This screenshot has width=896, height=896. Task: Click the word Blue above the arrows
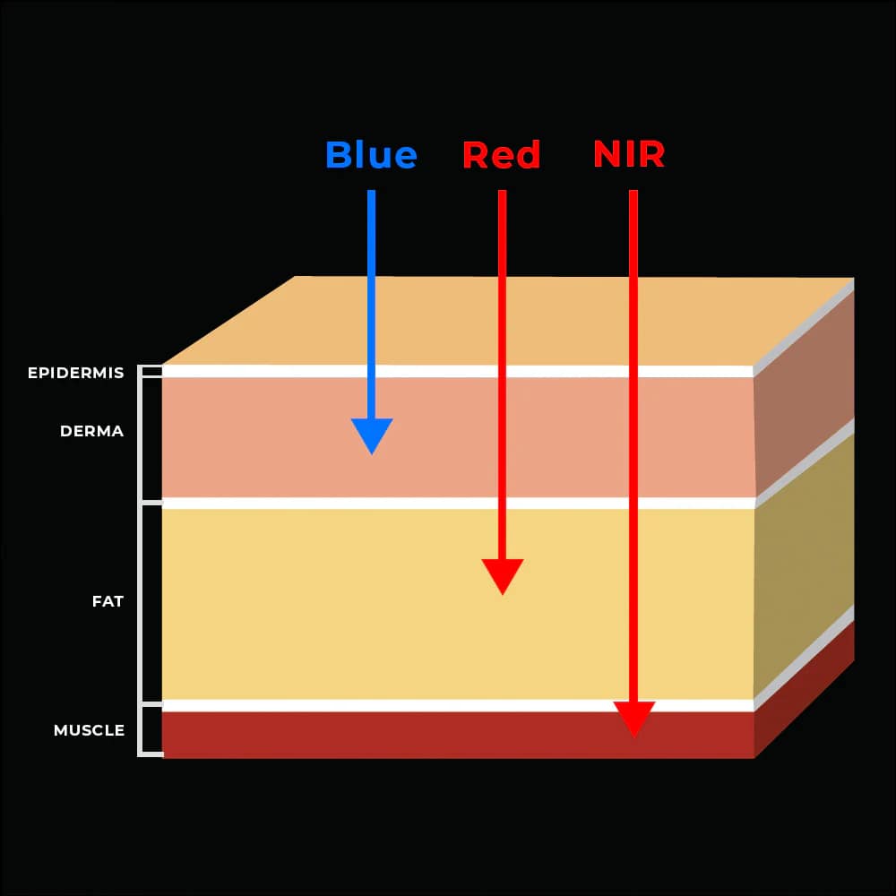coord(371,155)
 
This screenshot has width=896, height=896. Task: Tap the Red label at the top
coord(501,155)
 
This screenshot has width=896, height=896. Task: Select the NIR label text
coord(629,154)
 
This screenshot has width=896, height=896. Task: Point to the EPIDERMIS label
coord(76,373)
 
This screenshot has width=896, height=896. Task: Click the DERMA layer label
coord(91,431)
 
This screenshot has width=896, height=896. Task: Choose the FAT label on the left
coord(108,601)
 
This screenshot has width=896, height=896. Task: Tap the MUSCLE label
coord(89,730)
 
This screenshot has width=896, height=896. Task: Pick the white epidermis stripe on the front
coord(269,371)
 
